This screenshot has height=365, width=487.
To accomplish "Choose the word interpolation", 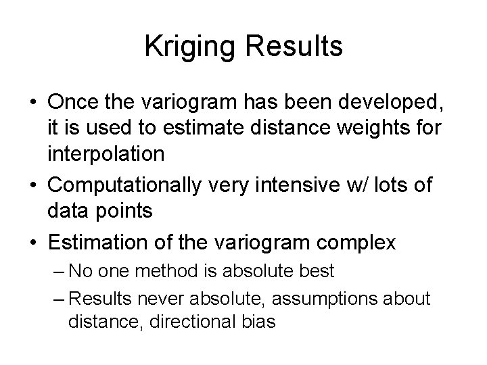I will tap(106, 154).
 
